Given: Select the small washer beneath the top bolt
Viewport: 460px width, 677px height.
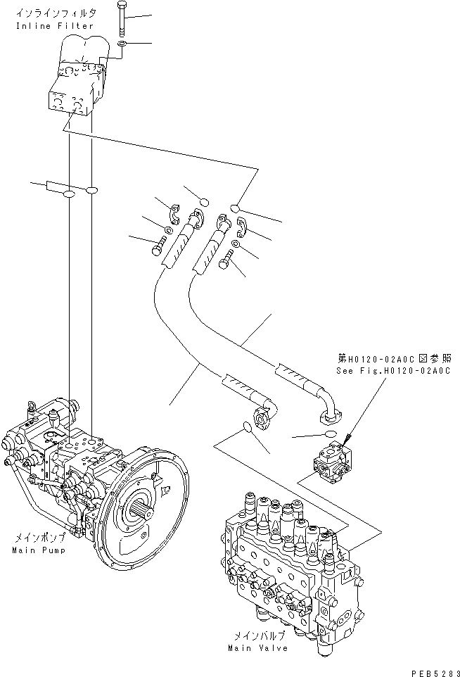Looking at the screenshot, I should (x=122, y=44).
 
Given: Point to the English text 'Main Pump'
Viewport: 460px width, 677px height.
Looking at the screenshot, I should (x=38, y=550).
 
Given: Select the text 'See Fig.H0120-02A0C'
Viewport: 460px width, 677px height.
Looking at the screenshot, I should (x=391, y=371).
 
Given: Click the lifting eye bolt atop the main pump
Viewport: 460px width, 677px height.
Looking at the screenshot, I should (x=30, y=406).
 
